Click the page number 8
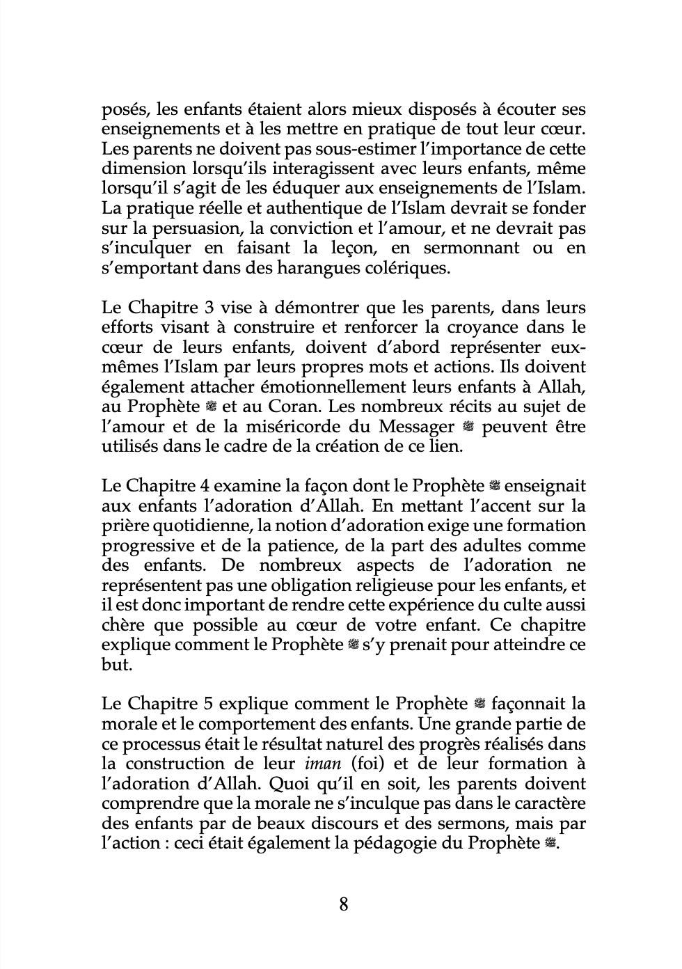coord(343,904)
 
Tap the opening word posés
coord(124,110)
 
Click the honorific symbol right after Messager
coord(468,427)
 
